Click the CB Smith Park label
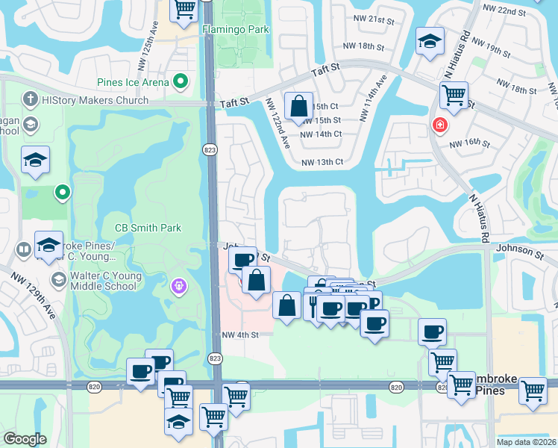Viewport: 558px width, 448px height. tap(148, 228)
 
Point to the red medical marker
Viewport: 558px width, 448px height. tap(439, 124)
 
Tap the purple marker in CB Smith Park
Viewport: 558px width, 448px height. tap(178, 285)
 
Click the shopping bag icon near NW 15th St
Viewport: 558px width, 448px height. tap(298, 107)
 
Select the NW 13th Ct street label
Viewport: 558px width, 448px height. tap(322, 162)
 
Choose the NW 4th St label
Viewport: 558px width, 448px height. tap(239, 335)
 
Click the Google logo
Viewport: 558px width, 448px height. tap(25, 439)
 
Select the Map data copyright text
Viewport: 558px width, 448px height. tap(526, 442)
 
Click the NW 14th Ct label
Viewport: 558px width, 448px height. tap(322, 134)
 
